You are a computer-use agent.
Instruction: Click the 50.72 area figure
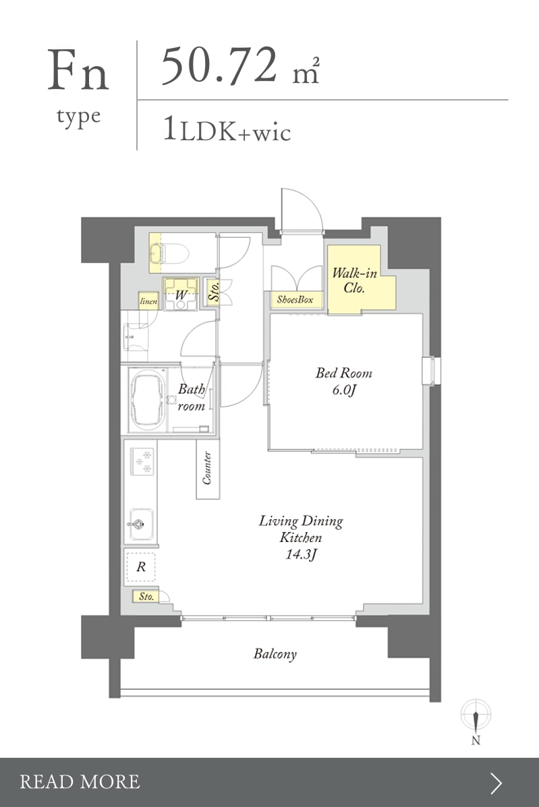(219, 65)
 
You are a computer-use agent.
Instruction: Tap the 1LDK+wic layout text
(227, 129)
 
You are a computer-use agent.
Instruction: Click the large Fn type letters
(78, 71)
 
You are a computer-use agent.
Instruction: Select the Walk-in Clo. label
(355, 280)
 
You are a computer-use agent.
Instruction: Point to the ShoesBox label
(295, 299)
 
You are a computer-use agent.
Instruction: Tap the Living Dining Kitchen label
(301, 529)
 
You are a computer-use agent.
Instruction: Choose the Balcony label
(275, 654)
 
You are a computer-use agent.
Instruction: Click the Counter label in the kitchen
(208, 468)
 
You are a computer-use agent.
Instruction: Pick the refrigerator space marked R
(140, 567)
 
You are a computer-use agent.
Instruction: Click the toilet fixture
(169, 253)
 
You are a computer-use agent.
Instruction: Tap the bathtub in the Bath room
(148, 400)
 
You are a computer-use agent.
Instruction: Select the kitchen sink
(141, 525)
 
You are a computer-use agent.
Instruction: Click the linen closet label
(149, 301)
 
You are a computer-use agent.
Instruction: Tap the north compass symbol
(476, 721)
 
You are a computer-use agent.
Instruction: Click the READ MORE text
(80, 782)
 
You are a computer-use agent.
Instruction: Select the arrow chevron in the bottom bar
(497, 783)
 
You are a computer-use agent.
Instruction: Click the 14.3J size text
(301, 554)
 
